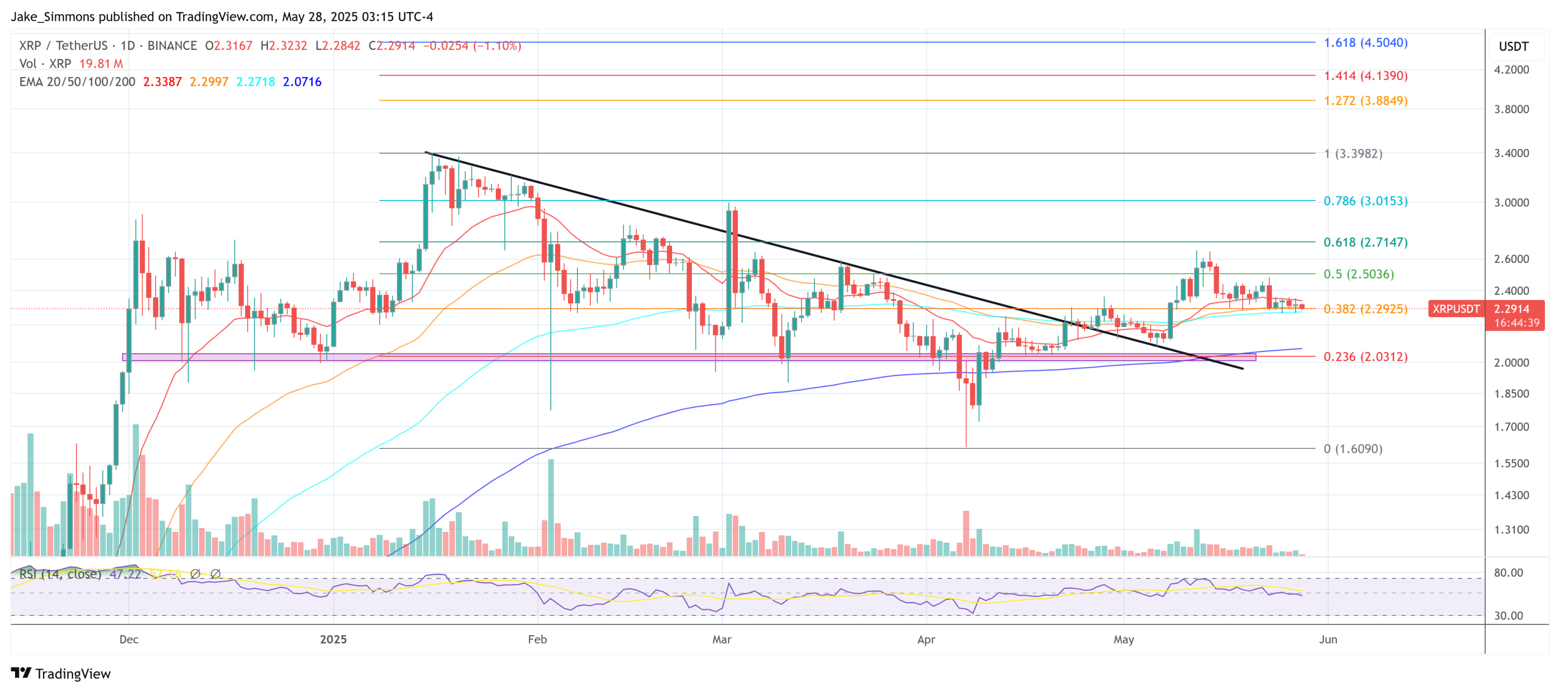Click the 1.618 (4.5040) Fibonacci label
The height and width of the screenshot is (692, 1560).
click(1365, 42)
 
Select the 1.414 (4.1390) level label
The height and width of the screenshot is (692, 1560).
click(1365, 76)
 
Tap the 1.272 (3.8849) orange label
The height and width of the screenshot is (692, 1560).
click(1365, 100)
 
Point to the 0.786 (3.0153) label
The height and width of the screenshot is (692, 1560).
click(1365, 200)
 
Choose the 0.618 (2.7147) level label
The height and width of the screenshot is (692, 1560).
click(1365, 242)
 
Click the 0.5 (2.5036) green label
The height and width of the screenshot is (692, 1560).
click(1358, 274)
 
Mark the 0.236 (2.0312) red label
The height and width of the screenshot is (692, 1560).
click(1365, 356)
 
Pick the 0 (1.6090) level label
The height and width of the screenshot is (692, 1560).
click(1352, 449)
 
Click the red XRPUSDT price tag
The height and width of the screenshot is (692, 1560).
click(1455, 309)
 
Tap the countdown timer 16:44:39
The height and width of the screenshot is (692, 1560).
click(1516, 323)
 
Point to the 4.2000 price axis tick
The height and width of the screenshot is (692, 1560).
click(1511, 70)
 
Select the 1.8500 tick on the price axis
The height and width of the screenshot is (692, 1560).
click(1511, 394)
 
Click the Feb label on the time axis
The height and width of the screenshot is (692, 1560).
click(537, 639)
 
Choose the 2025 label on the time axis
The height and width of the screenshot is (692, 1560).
click(333, 639)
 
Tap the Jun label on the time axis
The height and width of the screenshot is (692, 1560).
click(1327, 639)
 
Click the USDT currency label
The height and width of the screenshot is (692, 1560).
click(1513, 47)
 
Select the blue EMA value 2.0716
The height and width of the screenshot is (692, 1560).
click(302, 82)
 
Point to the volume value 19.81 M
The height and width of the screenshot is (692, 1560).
click(100, 64)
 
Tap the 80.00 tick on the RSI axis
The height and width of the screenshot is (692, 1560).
click(1508, 573)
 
